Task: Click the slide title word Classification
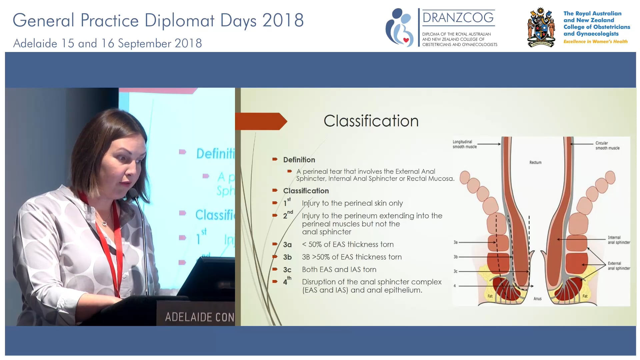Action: coord(371,121)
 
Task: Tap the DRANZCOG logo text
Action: coord(458,18)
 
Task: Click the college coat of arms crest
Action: coord(541,28)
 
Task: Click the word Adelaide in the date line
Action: coord(35,43)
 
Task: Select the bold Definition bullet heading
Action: coord(299,160)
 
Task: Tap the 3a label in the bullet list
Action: coord(287,245)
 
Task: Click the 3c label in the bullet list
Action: coord(287,270)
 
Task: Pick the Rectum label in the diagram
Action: coord(535,162)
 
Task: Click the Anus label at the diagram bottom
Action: coord(537,299)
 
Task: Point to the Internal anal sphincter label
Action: coord(619,240)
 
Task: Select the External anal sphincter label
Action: coord(619,266)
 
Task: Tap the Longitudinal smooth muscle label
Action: coord(464,144)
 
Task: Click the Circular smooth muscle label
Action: coord(607,146)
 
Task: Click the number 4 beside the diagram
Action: coord(454,286)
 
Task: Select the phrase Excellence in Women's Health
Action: coord(595,41)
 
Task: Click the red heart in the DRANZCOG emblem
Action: coord(406,40)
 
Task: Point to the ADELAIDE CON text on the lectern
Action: coord(199,317)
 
